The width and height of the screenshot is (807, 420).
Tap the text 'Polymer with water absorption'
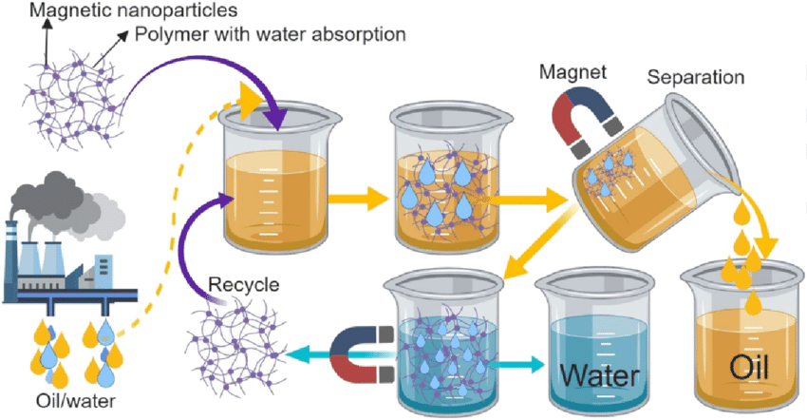pyautogui.click(x=271, y=36)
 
